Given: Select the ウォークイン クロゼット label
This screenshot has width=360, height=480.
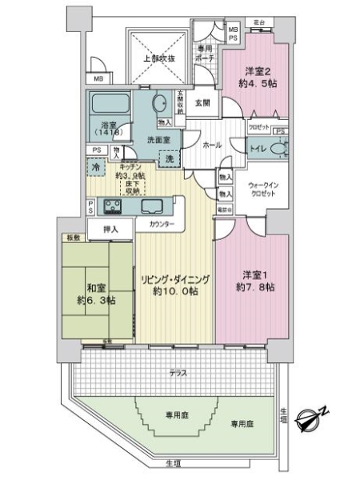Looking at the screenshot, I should [x=262, y=189].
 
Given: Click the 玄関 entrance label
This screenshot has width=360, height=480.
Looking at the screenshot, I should [x=202, y=103].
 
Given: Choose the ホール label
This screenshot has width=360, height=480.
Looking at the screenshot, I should [x=212, y=146].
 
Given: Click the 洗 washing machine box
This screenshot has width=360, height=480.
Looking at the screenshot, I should [x=170, y=159].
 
